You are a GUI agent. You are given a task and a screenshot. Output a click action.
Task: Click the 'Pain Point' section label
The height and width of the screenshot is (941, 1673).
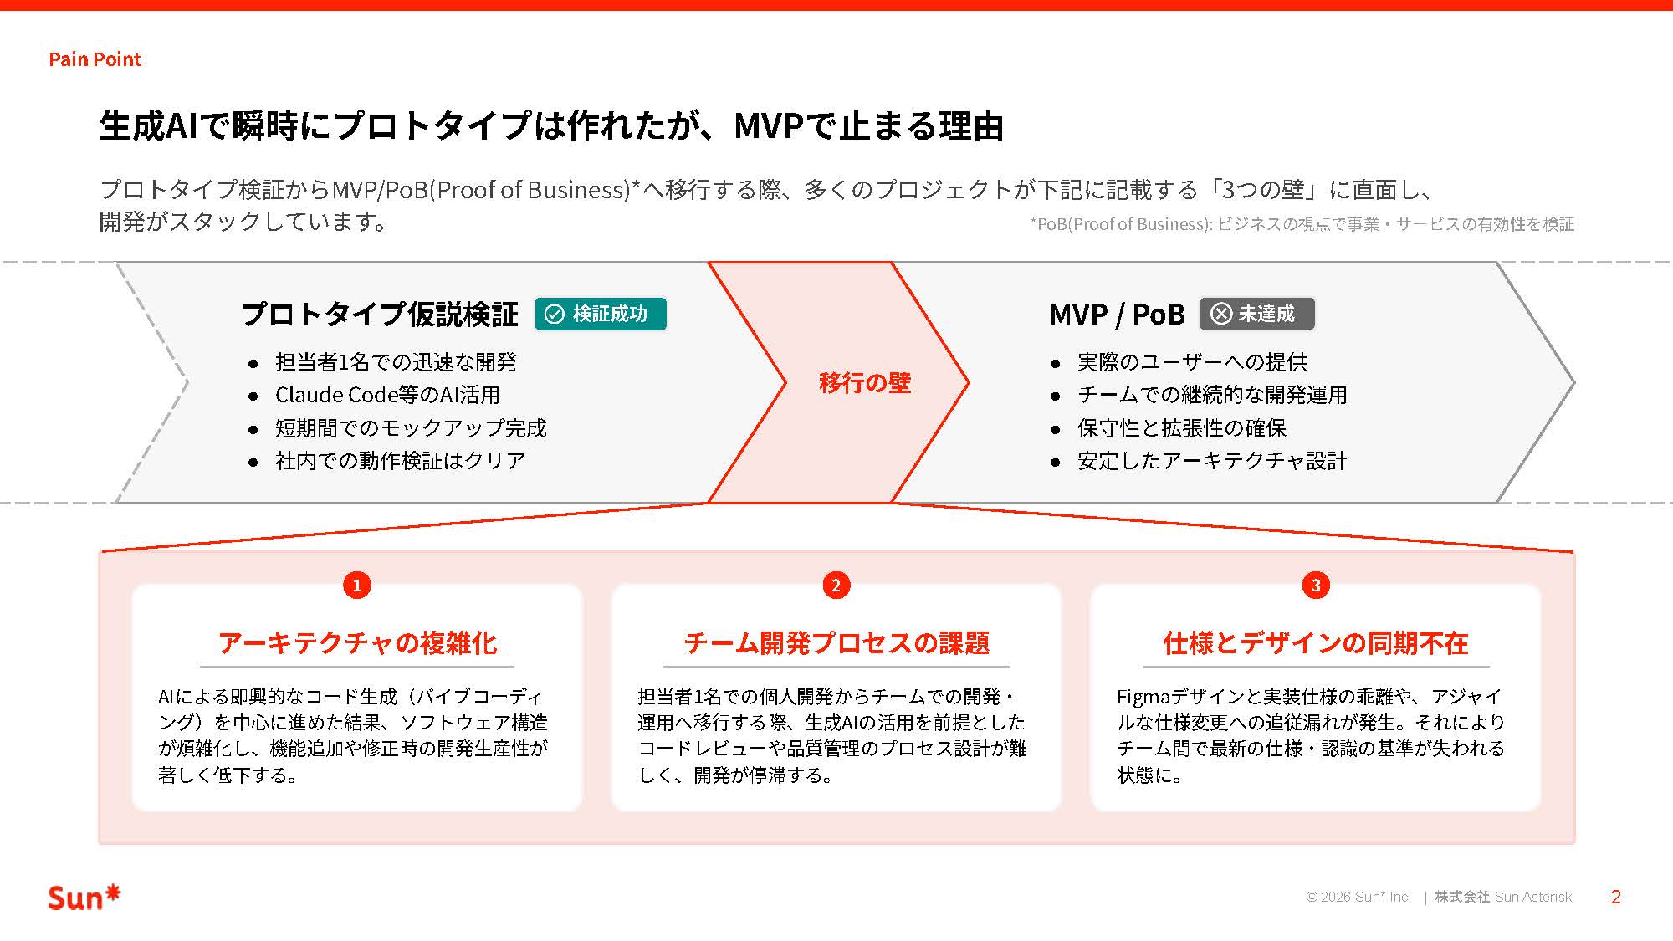tap(95, 59)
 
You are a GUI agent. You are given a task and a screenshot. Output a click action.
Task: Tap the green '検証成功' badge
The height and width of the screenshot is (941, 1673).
tap(601, 314)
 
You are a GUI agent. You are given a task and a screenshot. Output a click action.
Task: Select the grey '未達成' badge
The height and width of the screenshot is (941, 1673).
tap(1256, 314)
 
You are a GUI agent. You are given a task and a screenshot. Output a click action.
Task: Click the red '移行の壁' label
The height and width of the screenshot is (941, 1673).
tap(864, 383)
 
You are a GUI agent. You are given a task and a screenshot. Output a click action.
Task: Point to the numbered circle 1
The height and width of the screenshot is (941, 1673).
tap(357, 585)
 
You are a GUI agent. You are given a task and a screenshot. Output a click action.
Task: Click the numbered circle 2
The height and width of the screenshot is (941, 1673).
tap(836, 585)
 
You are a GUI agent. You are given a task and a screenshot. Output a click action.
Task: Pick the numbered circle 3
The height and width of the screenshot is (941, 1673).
tap(1316, 585)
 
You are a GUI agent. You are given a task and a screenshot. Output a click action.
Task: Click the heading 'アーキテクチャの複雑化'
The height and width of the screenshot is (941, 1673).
tap(357, 642)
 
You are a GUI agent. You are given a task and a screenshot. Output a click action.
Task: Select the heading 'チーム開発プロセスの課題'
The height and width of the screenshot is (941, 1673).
tap(836, 642)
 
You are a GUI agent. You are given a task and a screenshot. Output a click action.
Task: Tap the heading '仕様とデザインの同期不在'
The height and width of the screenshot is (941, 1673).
tap(1316, 642)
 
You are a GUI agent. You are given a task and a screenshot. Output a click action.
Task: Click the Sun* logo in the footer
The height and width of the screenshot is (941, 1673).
tap(84, 897)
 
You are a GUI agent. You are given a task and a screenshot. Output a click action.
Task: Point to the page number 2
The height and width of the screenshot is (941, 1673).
tap(1615, 897)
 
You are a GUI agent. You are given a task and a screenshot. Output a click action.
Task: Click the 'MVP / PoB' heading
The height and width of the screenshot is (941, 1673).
tap(1117, 315)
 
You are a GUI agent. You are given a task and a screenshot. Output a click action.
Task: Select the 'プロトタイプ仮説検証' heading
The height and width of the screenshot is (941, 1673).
tap(380, 315)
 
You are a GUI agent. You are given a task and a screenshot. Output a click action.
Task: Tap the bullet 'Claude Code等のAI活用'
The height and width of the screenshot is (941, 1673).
tap(387, 395)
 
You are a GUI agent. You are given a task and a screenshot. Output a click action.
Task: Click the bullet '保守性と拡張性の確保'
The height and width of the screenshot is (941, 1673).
tap(1181, 428)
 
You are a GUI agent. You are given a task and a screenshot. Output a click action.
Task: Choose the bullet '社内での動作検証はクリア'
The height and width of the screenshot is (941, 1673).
tap(400, 461)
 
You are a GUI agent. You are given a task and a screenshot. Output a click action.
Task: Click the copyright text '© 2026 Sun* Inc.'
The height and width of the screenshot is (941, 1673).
tap(1358, 897)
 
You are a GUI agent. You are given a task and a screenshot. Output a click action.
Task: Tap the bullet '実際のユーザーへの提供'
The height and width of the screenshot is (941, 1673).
tap(1192, 362)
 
